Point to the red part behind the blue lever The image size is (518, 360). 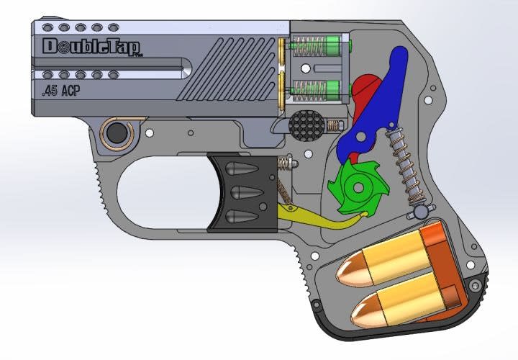tap(366, 89)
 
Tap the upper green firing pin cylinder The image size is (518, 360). tap(331, 48)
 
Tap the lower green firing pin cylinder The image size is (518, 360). tap(331, 90)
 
